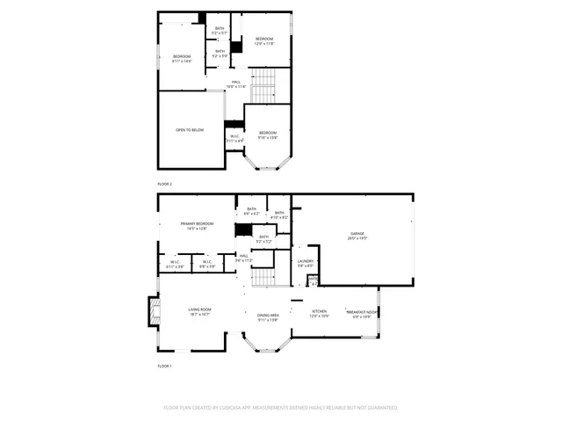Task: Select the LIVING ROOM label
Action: (x=199, y=310)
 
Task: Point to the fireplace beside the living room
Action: (x=153, y=310)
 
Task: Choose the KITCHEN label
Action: (x=320, y=312)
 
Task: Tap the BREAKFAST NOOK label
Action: (x=361, y=313)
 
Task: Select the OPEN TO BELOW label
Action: (x=190, y=129)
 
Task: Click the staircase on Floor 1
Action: (x=264, y=279)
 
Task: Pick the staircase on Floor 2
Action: (x=264, y=88)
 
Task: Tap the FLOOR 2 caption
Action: (x=165, y=184)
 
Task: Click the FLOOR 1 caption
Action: (x=165, y=365)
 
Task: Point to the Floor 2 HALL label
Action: (x=236, y=84)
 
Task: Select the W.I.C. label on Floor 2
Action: (x=235, y=138)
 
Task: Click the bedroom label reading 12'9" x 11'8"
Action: (x=264, y=40)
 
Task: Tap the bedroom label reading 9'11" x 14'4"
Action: (x=182, y=58)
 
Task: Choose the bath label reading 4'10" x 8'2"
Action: (x=279, y=215)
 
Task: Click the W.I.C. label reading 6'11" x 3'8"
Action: (x=174, y=264)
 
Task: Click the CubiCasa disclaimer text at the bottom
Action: (x=281, y=408)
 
